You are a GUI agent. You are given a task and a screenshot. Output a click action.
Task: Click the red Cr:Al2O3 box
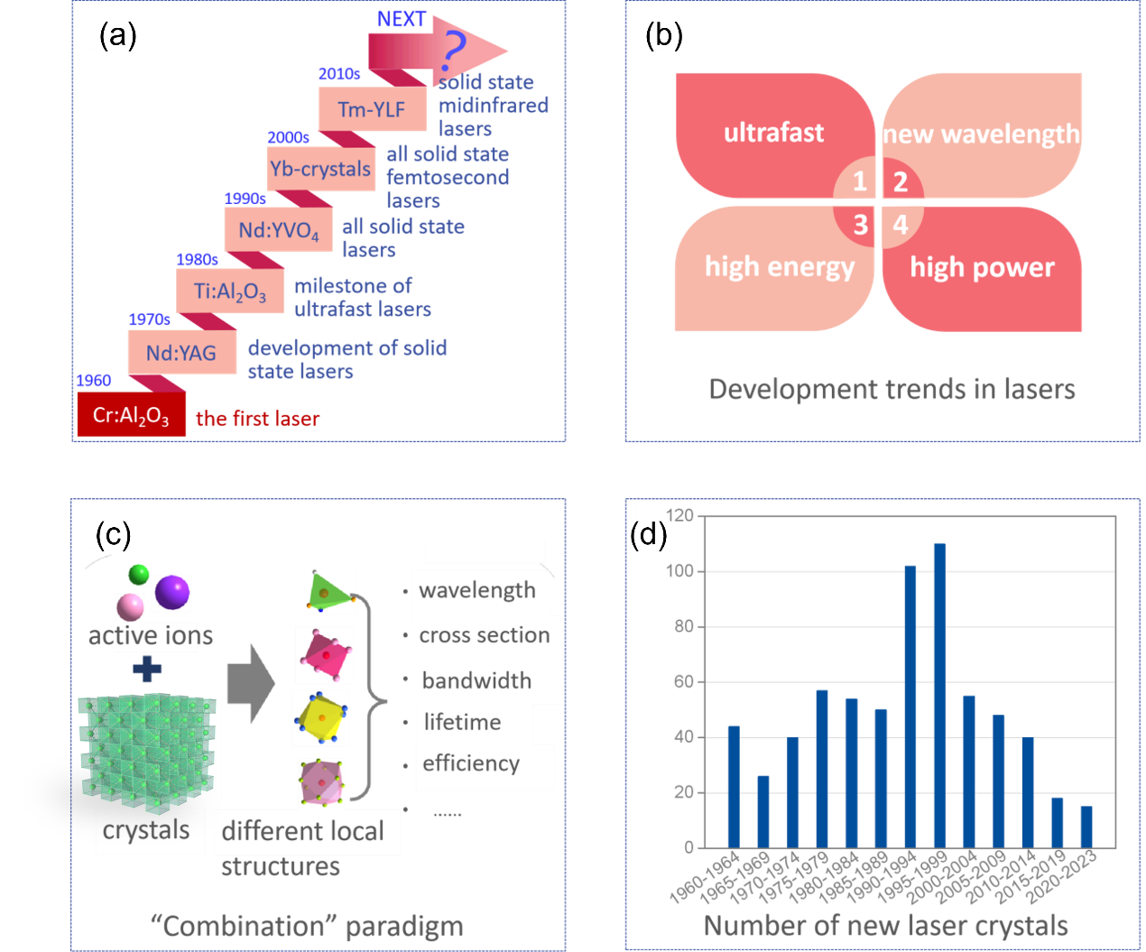point(131,415)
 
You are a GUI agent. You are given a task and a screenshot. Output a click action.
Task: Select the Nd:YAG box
point(181,353)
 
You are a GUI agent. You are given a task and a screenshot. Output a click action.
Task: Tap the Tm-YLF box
point(371,109)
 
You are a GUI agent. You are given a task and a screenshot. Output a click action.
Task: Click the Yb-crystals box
point(320,169)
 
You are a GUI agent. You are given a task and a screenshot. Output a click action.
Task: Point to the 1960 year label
point(94,380)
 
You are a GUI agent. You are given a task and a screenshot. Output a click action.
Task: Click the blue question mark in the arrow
point(454,52)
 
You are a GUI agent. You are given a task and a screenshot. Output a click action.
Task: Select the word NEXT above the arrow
point(401,19)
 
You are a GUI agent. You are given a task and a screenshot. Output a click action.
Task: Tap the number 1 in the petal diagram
point(860,181)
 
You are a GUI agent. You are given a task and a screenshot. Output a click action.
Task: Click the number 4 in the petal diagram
point(900,224)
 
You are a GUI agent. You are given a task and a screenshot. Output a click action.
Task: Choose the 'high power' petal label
point(982,267)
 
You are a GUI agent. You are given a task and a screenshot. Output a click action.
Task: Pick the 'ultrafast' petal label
point(773,133)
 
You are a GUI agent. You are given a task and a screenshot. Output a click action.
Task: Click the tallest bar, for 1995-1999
point(939,695)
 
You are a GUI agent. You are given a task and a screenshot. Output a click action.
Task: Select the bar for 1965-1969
point(763,811)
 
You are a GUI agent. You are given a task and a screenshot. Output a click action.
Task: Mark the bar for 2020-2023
point(1086,827)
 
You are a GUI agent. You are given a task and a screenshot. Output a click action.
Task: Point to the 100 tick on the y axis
point(681,571)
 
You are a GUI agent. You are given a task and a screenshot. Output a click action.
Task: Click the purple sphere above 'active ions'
point(172,592)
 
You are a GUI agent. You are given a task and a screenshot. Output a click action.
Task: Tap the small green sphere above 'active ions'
point(138,574)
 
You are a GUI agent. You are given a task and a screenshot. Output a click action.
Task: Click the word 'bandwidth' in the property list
point(476,680)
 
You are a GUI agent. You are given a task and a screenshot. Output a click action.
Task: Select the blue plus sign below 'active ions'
point(147,669)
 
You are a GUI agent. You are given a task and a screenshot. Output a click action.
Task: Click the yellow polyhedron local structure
point(319,717)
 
